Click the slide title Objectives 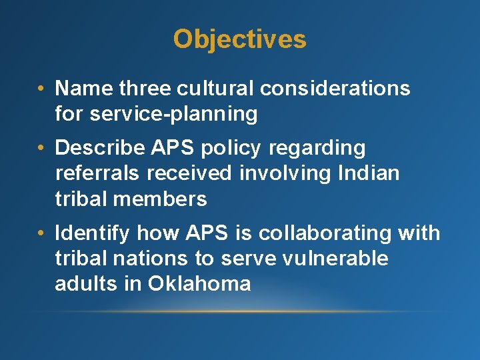(x=239, y=39)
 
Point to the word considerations (x=335, y=88)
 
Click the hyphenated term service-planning (x=173, y=114)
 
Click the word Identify (x=93, y=233)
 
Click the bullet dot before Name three (x=42, y=89)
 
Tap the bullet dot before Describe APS (x=42, y=148)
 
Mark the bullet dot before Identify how (x=42, y=233)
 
